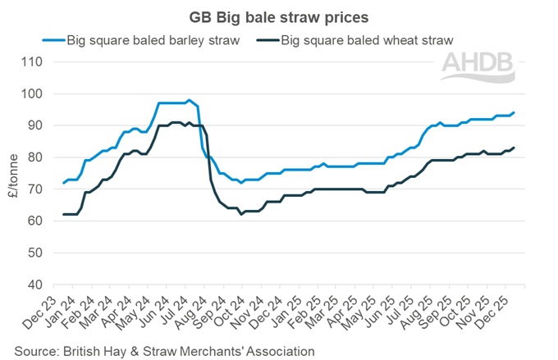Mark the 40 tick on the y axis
pyautogui.click(x=32, y=285)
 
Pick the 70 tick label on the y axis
pyautogui.click(x=32, y=189)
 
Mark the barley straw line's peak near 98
pyautogui.click(x=189, y=100)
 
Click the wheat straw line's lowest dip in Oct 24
pyautogui.click(x=241, y=214)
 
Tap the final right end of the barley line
pyautogui.click(x=515, y=112)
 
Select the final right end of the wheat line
pyautogui.click(x=515, y=148)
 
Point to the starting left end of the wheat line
pyautogui.click(x=63, y=214)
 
